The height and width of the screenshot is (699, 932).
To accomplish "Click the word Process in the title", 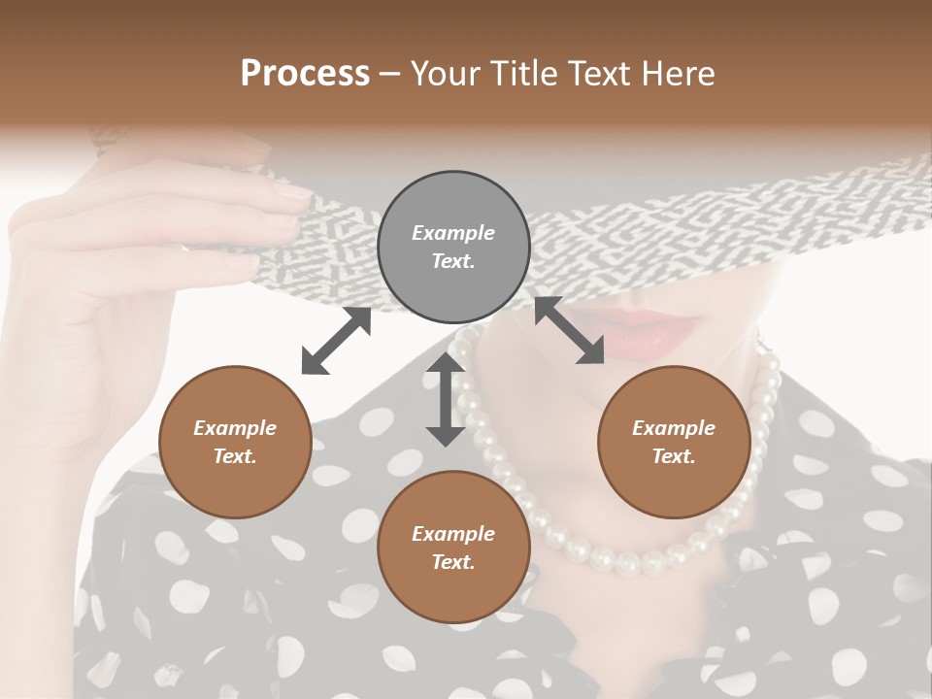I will click(x=305, y=74).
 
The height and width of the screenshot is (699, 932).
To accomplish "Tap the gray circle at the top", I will click(x=453, y=247).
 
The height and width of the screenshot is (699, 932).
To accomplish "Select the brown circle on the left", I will click(x=235, y=442).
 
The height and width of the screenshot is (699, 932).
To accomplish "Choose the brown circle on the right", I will click(x=674, y=442).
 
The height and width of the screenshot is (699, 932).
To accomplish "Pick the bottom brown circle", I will click(x=453, y=547).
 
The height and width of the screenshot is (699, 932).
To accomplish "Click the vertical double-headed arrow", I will click(x=446, y=399).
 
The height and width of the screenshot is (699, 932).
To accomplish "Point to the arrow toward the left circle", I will click(x=337, y=341).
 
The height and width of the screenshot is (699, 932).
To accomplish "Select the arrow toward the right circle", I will click(x=569, y=330).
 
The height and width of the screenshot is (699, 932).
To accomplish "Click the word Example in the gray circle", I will click(x=453, y=233).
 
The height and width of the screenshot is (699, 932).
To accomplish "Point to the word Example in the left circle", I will click(x=235, y=428).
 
